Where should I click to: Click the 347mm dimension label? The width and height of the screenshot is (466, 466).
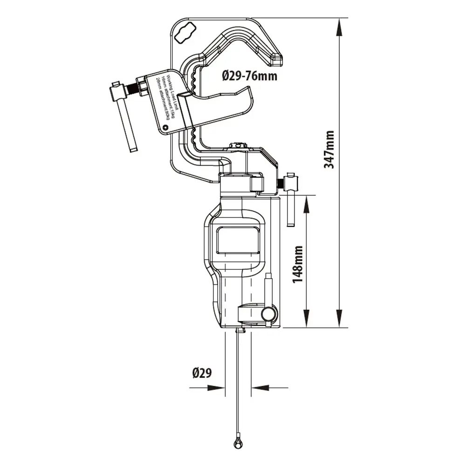(329, 149)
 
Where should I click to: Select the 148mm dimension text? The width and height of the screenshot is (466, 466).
(299, 262)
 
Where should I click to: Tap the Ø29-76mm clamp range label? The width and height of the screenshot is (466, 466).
(249, 75)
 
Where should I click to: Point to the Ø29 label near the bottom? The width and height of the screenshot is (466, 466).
(202, 373)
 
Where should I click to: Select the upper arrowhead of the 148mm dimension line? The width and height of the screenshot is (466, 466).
(307, 205)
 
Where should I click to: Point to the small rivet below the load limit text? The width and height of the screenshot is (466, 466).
(165, 126)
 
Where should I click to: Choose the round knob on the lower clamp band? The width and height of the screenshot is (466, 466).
(268, 315)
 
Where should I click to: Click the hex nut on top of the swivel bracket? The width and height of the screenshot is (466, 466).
(238, 146)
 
